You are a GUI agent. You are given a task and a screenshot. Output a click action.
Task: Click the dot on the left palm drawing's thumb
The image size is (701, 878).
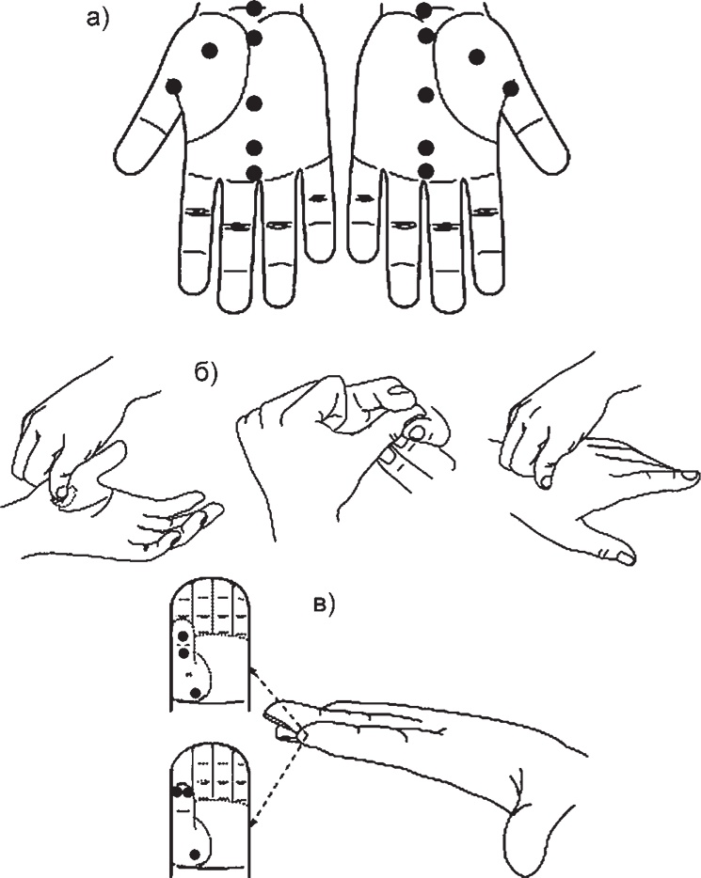pyautogui.click(x=174, y=87)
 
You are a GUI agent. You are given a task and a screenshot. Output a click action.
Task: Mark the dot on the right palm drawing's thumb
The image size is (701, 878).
pyautogui.click(x=511, y=88)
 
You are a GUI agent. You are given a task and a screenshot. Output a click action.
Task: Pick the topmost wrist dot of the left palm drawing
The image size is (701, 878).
pyautogui.click(x=254, y=8)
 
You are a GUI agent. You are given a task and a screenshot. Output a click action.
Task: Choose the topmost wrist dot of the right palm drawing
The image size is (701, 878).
pyautogui.click(x=424, y=10)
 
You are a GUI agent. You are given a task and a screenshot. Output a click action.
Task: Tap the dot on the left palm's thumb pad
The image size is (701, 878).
pyautogui.click(x=210, y=51)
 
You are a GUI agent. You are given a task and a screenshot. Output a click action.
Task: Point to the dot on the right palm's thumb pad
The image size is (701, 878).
pyautogui.click(x=477, y=56)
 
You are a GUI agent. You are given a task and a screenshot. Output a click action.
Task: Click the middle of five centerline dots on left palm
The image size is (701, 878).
pyautogui.click(x=255, y=103)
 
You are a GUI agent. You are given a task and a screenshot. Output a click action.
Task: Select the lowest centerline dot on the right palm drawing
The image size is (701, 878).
pyautogui.click(x=426, y=169)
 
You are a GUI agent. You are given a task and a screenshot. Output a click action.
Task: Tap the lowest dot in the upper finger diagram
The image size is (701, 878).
pyautogui.click(x=195, y=693)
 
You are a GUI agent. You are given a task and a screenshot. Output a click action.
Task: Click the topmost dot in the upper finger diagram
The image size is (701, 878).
pyautogui.click(x=183, y=635)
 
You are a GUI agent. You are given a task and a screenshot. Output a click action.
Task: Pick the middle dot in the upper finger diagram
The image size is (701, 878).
pyautogui.click(x=183, y=653)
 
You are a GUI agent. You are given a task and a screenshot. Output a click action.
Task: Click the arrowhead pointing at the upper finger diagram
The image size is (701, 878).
pyautogui.click(x=251, y=670)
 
